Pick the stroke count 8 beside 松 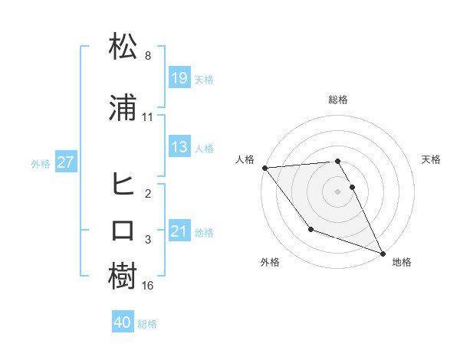148,57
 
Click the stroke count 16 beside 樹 148,286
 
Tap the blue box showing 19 179,78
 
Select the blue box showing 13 179,147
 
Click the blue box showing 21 179,231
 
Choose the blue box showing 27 65,162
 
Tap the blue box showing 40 123,322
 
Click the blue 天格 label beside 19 204,80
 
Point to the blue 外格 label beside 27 41,163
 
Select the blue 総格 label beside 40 147,324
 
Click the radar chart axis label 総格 338,100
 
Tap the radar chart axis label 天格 432,159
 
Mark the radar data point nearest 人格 264,168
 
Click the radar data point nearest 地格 383,253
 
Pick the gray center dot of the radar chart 338,191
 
